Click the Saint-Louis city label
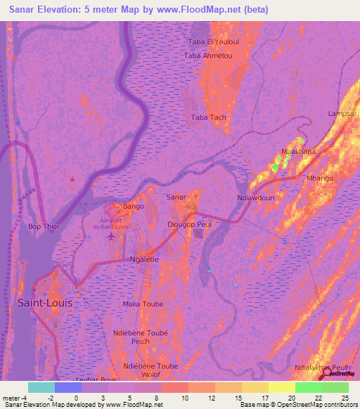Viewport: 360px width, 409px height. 44,302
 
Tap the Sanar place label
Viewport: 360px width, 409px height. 176,197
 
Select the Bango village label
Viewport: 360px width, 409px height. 133,206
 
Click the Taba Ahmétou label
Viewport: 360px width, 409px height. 209,56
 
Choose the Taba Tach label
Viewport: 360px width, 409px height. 209,117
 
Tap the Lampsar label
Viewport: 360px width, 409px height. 343,114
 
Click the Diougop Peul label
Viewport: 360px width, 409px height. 190,223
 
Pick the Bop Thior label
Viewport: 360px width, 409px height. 44,227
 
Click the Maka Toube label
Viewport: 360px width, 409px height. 143,304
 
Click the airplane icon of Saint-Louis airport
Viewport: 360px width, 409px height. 111,236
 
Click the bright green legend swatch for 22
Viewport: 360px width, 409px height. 308,387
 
